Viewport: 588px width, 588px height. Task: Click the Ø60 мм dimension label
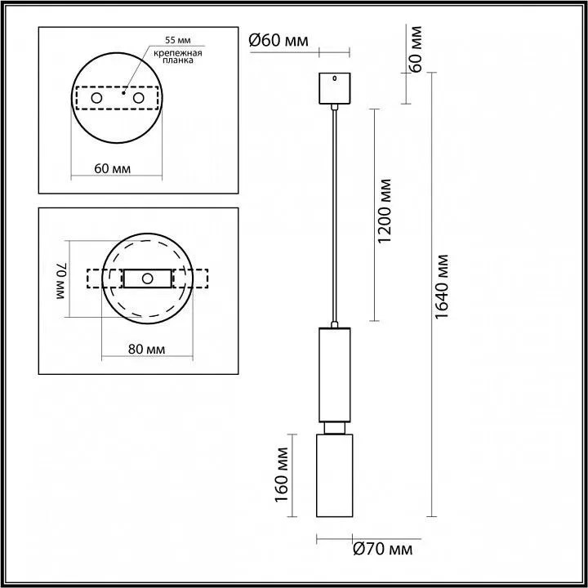(279, 40)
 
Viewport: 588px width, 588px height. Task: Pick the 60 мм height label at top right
(416, 49)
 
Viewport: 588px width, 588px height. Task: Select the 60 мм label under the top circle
(113, 168)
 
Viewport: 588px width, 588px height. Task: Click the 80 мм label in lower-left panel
(147, 350)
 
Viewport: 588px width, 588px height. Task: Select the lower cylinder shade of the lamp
(333, 475)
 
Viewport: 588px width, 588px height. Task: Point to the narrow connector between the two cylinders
(333, 428)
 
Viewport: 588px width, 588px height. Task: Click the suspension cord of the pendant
(333, 212)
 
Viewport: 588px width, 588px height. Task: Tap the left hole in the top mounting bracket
(96, 99)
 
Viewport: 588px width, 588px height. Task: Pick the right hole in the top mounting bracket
(138, 99)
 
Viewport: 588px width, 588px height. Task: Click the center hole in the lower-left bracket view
(148, 278)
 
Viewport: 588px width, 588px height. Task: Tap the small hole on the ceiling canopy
(333, 78)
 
